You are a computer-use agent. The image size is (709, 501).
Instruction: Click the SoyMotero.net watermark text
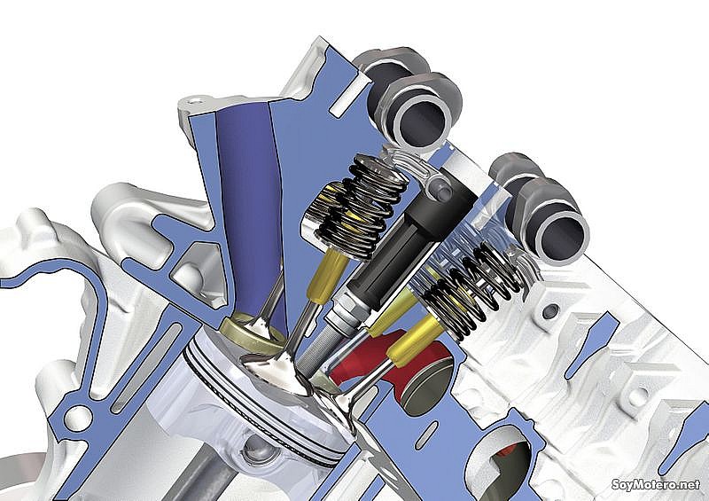[656, 484]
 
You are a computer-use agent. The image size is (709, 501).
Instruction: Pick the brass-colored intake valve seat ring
[253, 335]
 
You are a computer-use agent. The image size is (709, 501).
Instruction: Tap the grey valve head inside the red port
[427, 386]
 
